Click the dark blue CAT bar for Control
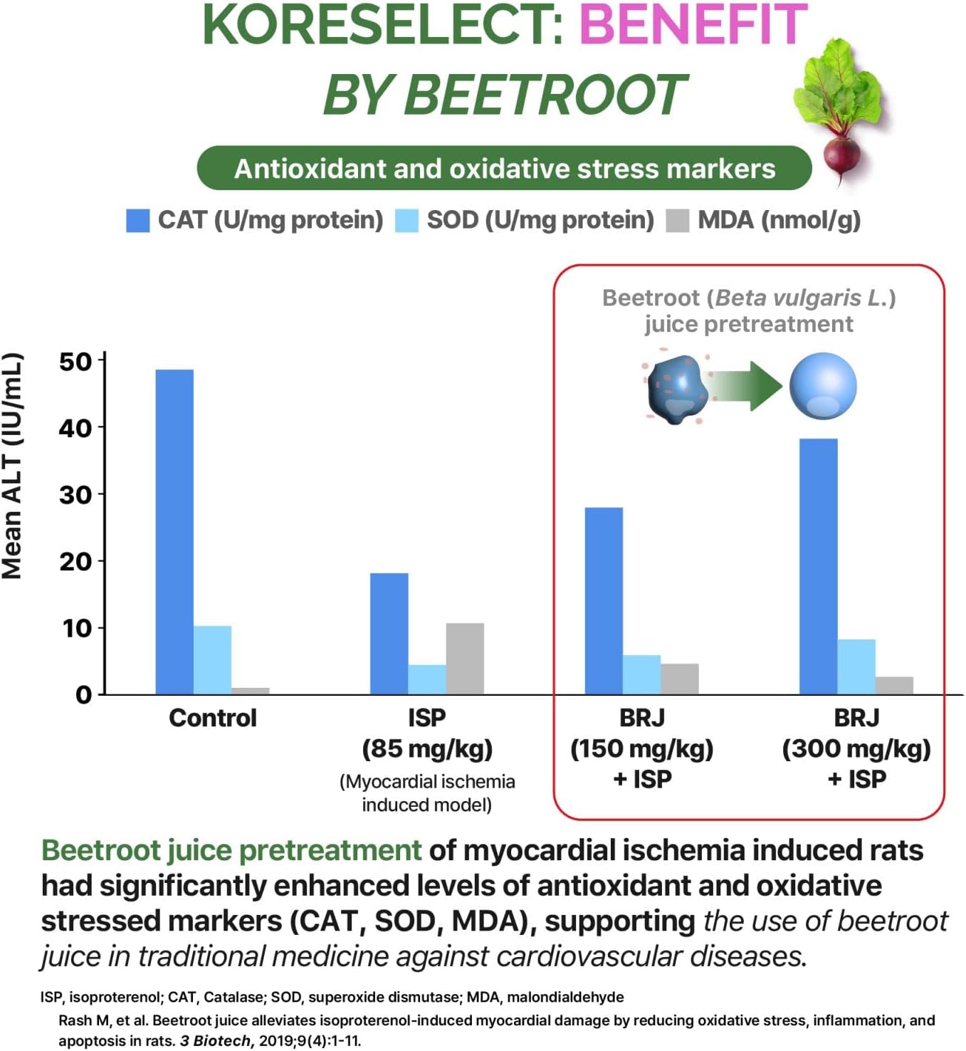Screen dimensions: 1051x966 click(x=174, y=531)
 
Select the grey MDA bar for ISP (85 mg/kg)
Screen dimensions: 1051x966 click(x=465, y=659)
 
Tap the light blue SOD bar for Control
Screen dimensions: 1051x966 click(x=212, y=660)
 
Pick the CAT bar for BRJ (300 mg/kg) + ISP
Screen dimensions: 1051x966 click(x=818, y=566)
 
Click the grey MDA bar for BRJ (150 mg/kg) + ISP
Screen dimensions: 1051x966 click(x=679, y=679)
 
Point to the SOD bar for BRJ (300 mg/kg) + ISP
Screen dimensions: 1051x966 click(x=856, y=666)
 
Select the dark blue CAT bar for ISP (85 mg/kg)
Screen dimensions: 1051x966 click(x=389, y=633)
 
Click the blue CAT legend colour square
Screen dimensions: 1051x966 click(x=137, y=221)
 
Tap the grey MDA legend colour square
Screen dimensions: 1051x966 click(x=677, y=221)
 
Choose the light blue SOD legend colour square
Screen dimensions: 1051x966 click(x=406, y=221)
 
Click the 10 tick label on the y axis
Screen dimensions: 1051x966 click(x=76, y=629)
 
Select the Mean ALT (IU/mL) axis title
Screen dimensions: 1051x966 click(x=13, y=466)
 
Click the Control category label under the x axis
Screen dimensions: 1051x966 click(x=212, y=718)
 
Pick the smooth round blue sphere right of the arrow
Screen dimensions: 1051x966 click(x=823, y=386)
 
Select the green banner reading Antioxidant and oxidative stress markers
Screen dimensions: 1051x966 click(x=504, y=169)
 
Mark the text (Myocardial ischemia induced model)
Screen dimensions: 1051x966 click(x=426, y=793)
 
